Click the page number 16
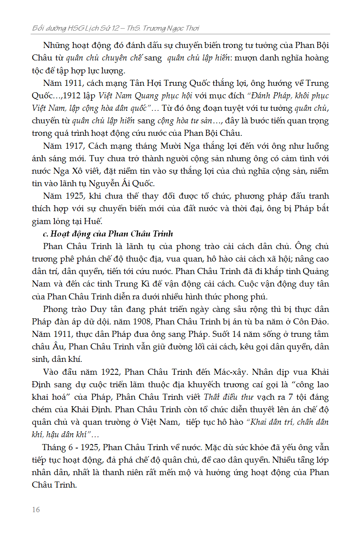pos(36,510)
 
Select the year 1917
pos(64,146)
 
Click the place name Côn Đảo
pos(312,322)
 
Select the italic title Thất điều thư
pos(229,397)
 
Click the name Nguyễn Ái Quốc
pos(128,183)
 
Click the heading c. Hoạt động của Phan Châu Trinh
pos(108,234)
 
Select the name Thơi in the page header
pos(191,28)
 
